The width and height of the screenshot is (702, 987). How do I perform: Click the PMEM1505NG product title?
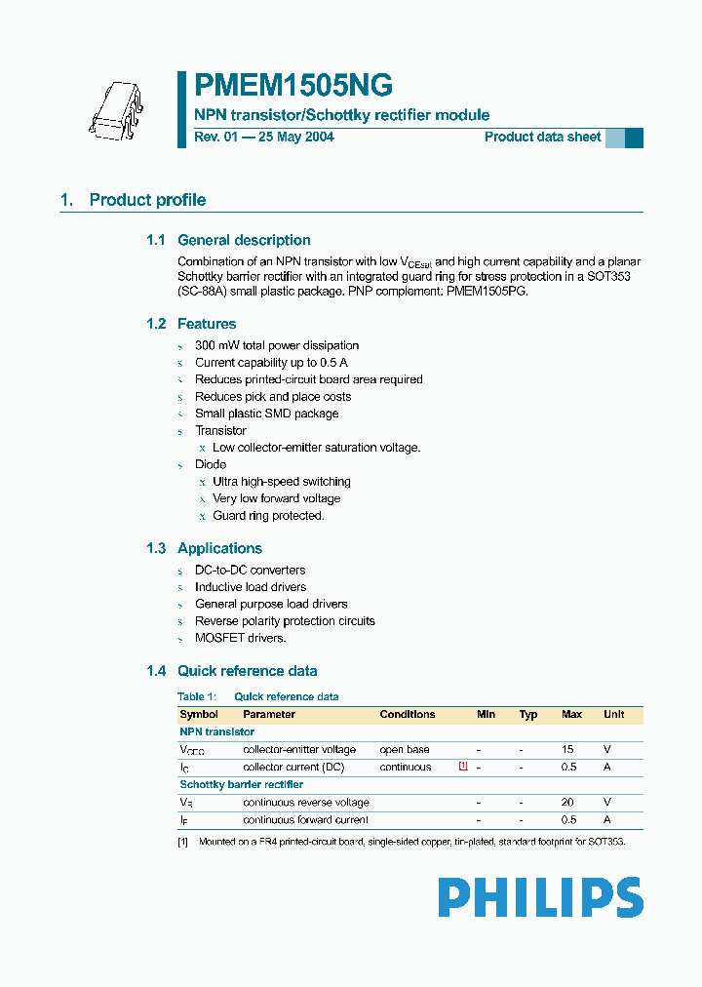pyautogui.click(x=293, y=87)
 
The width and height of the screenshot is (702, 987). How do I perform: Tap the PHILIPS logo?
pyautogui.click(x=539, y=897)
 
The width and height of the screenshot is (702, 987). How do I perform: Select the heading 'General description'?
pyautogui.click(x=244, y=240)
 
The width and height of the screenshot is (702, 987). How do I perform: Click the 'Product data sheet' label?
pyautogui.click(x=542, y=138)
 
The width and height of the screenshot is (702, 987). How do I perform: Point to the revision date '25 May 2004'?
pyautogui.click(x=295, y=138)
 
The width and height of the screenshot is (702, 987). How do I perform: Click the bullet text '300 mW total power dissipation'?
pyautogui.click(x=277, y=345)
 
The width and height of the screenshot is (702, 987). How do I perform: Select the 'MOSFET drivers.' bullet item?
pyautogui.click(x=240, y=638)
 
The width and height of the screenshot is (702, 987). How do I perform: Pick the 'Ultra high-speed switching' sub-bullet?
pyautogui.click(x=282, y=482)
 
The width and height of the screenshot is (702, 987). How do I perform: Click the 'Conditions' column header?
pyautogui.click(x=408, y=715)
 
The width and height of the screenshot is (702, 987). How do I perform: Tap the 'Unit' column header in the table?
pyautogui.click(x=613, y=715)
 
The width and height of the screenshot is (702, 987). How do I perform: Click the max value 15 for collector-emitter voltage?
pyautogui.click(x=568, y=750)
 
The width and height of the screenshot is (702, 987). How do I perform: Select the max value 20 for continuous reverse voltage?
pyautogui.click(x=568, y=803)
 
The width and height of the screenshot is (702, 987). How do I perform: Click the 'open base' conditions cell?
pyautogui.click(x=405, y=750)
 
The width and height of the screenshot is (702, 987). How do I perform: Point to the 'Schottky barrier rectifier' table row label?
pyautogui.click(x=241, y=784)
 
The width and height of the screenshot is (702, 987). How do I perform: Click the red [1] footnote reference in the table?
pyautogui.click(x=463, y=767)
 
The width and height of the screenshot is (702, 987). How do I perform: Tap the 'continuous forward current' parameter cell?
pyautogui.click(x=305, y=820)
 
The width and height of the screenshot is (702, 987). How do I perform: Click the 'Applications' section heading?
pyautogui.click(x=219, y=548)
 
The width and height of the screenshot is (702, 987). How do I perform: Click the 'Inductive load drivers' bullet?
pyautogui.click(x=251, y=587)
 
